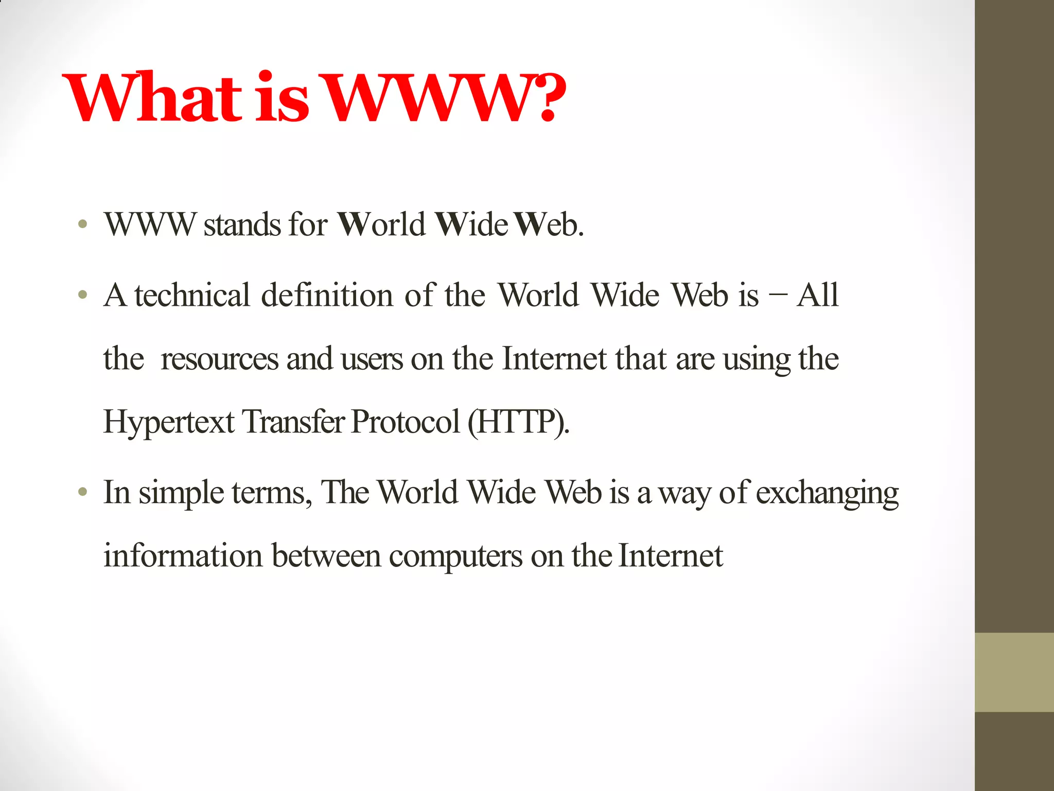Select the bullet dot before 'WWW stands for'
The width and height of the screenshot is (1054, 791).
(82, 225)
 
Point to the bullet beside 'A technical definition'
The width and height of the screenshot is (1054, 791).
(82, 296)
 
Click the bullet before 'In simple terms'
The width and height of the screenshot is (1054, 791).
(82, 492)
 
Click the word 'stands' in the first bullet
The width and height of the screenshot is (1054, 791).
(242, 225)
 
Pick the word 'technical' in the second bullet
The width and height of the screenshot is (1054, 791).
(192, 296)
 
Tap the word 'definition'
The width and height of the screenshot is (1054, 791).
(327, 296)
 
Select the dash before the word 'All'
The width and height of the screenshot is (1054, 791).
(777, 296)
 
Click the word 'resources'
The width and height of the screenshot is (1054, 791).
(219, 359)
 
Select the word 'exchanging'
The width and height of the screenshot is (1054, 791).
(827, 493)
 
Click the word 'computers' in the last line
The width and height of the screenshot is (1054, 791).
(455, 556)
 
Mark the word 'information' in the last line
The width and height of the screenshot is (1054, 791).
(183, 556)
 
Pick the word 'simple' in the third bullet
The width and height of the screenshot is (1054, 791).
(181, 493)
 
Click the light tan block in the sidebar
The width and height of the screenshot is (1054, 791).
(1014, 672)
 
